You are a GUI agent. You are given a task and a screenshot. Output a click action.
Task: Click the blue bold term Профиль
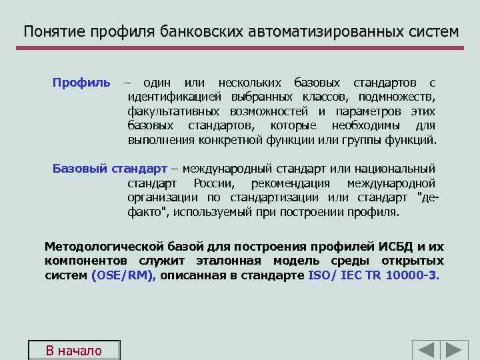pos(82,83)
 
